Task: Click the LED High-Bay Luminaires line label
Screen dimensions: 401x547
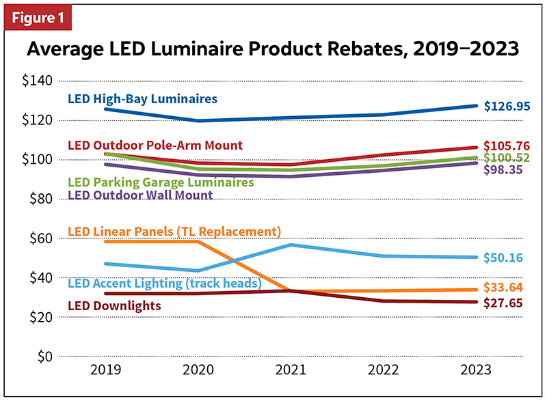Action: (x=142, y=99)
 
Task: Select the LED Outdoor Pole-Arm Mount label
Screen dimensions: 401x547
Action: (x=155, y=146)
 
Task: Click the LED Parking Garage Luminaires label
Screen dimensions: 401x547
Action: (x=161, y=182)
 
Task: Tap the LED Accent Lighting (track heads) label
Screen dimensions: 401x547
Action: (x=165, y=283)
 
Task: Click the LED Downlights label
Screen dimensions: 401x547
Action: (x=114, y=306)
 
